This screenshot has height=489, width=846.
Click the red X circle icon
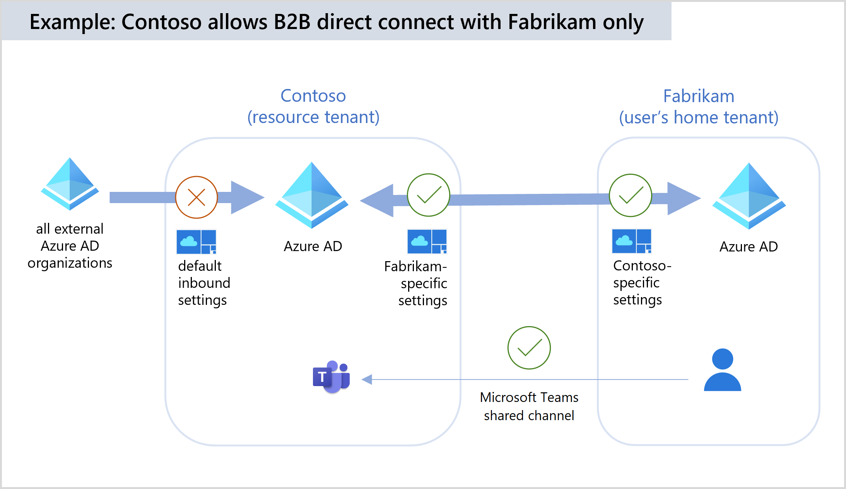[x=197, y=197]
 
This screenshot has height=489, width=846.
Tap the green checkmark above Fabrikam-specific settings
[x=429, y=195]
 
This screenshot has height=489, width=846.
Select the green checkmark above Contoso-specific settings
[x=631, y=195]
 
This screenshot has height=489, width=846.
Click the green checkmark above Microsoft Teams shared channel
[x=529, y=348]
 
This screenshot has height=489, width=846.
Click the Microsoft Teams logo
[x=332, y=377]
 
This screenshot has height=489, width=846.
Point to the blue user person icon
[x=723, y=370]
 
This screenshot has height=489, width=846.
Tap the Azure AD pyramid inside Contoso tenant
[x=312, y=195]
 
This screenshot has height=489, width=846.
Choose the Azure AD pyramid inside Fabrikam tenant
[x=749, y=196]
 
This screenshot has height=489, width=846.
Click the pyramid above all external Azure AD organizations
[x=70, y=184]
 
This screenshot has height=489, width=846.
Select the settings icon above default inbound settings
[x=197, y=242]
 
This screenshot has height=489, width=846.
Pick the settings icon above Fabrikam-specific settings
[x=427, y=241]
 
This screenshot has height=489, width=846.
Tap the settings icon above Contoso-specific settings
[x=632, y=241]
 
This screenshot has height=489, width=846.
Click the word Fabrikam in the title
[x=552, y=22]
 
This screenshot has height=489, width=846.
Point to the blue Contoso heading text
[x=313, y=96]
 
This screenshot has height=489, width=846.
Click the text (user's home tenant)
[x=699, y=118]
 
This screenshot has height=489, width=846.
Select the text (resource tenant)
[x=313, y=117]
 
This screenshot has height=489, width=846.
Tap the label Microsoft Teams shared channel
[x=529, y=406]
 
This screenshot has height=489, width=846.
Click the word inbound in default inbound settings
[x=204, y=283]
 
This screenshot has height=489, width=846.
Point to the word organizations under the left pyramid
[x=70, y=263]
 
